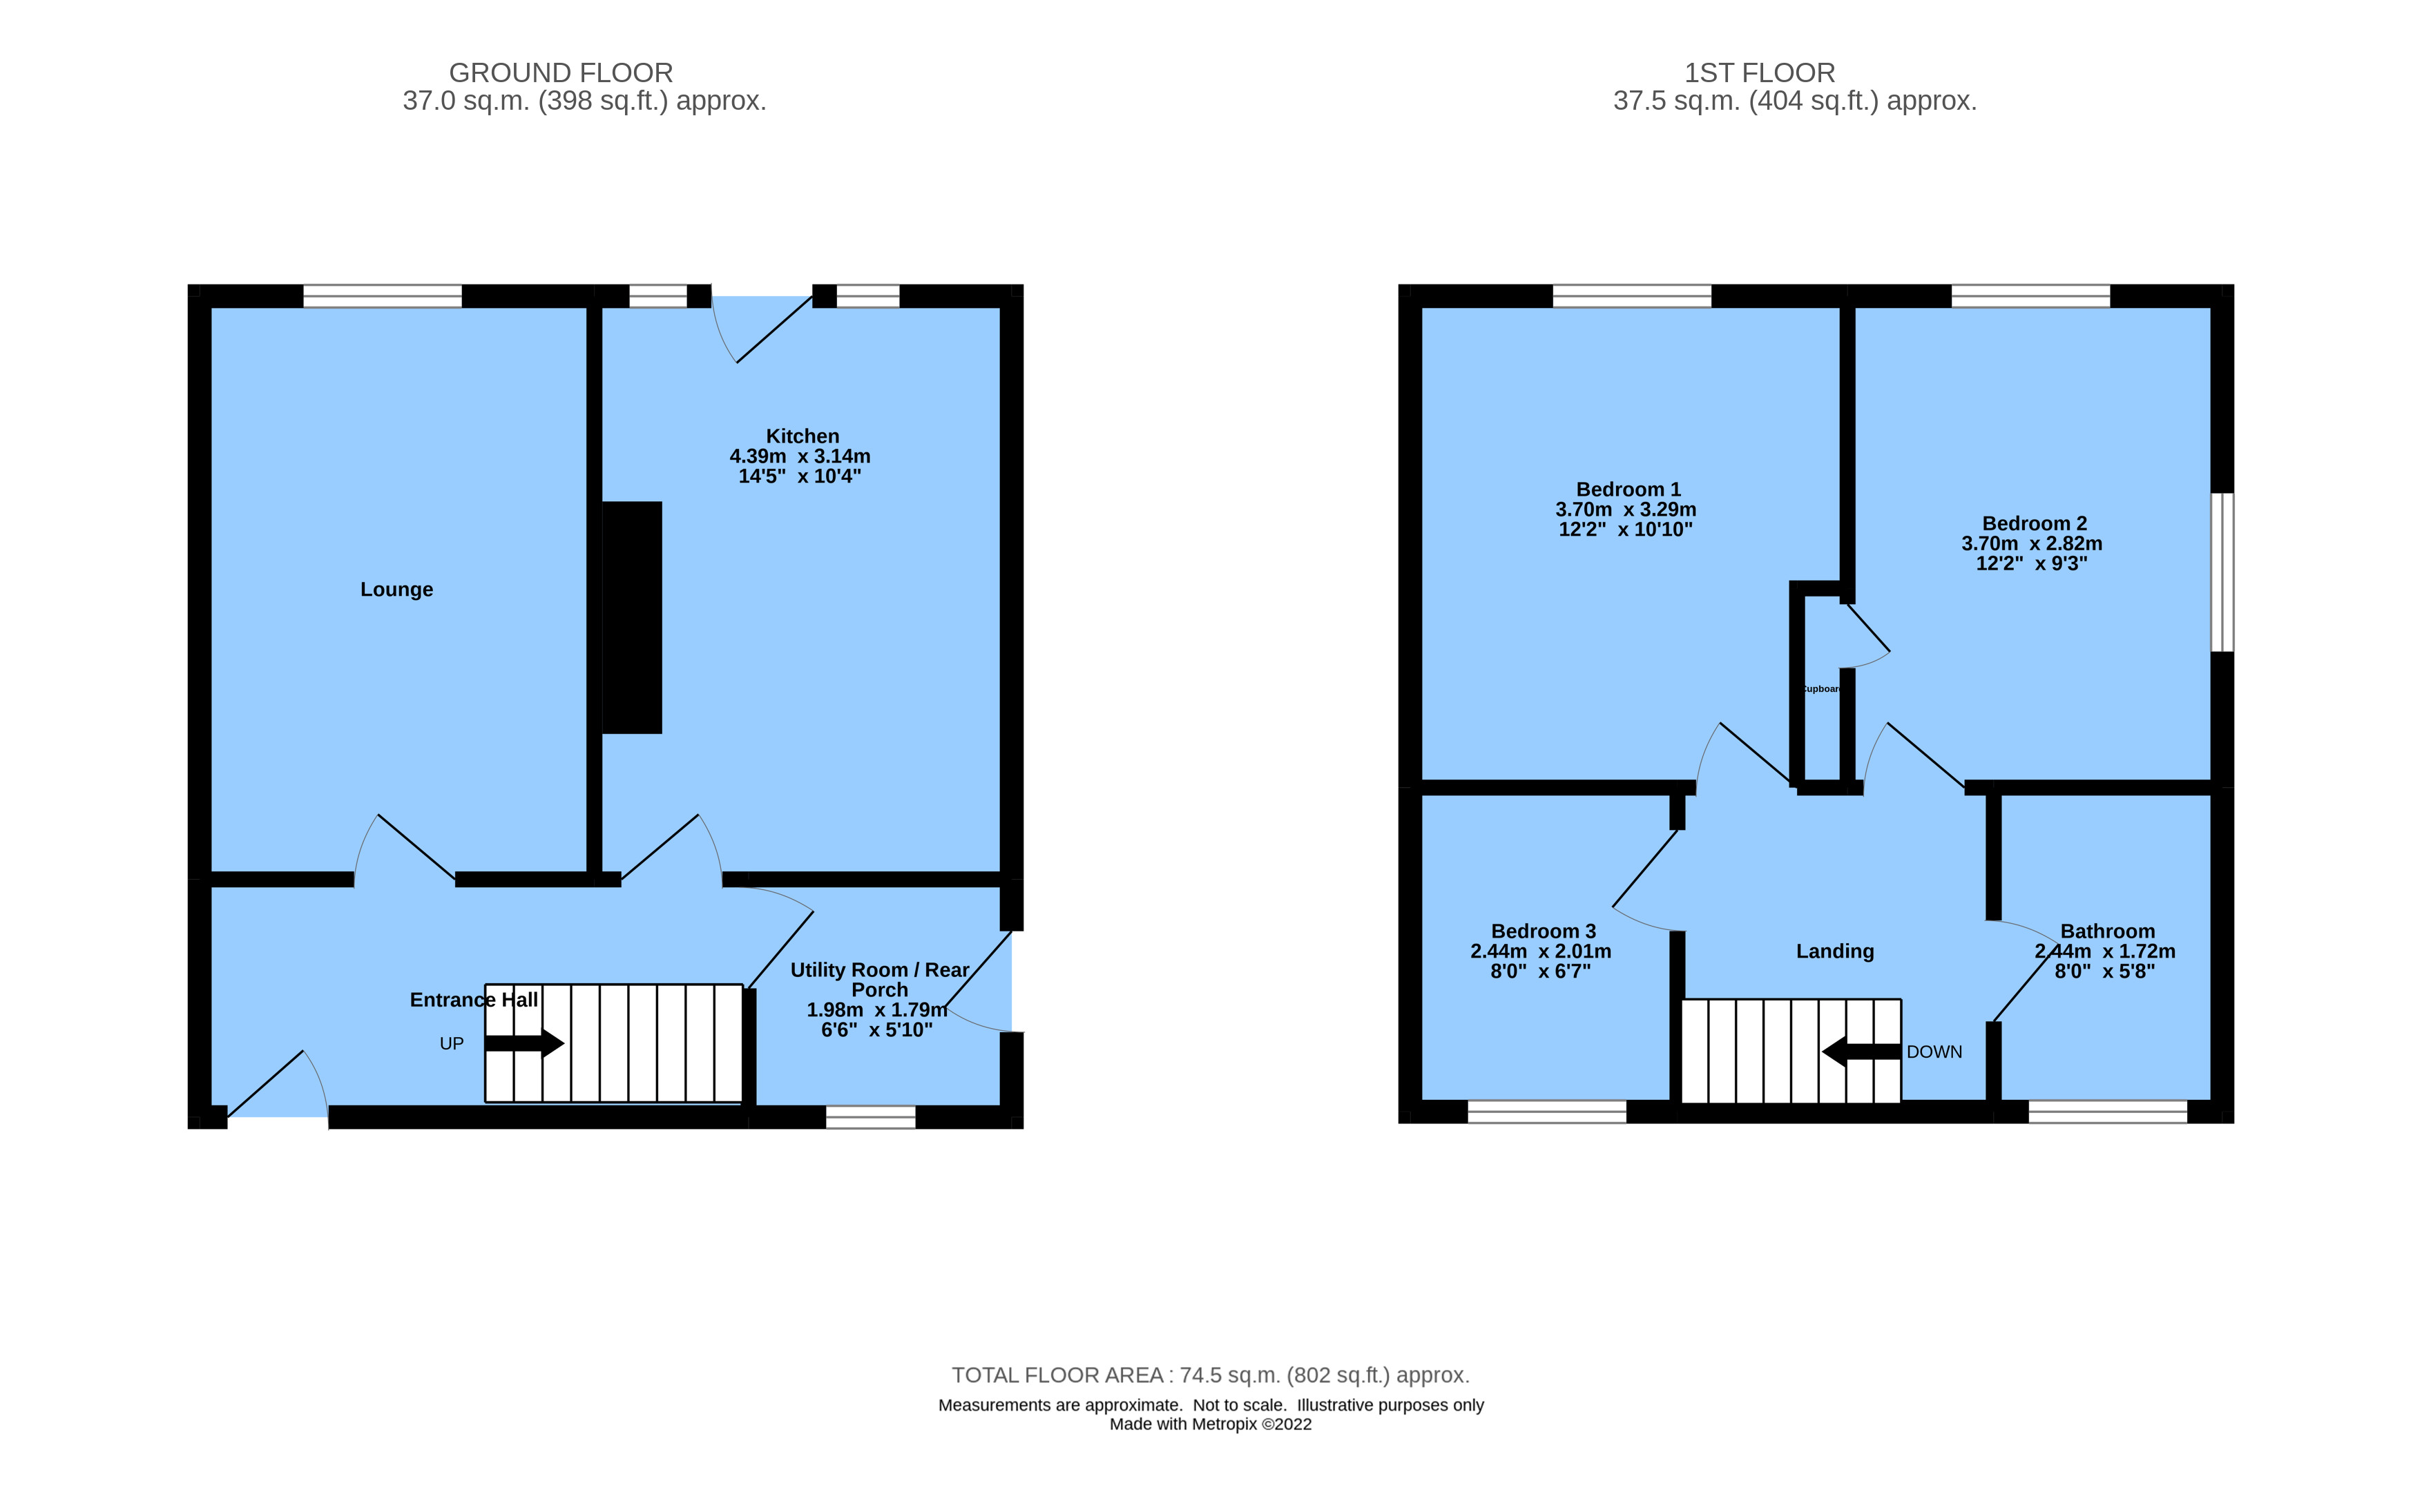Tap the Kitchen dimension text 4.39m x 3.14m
tap(800, 456)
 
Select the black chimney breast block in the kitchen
tap(632, 617)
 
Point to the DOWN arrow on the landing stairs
tap(1861, 1052)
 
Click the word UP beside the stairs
tap(452, 1044)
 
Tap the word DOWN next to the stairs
tap(1934, 1052)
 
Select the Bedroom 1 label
tap(1628, 490)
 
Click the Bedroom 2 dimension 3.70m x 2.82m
tap(2032, 543)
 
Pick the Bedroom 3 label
tap(1543, 931)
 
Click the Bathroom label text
tap(2107, 931)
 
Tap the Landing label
tap(1835, 951)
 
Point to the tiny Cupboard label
tap(1820, 689)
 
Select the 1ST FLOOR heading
tap(1759, 73)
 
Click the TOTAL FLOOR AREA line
tap(1209, 1375)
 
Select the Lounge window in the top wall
tap(383, 296)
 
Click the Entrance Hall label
tap(473, 1000)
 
